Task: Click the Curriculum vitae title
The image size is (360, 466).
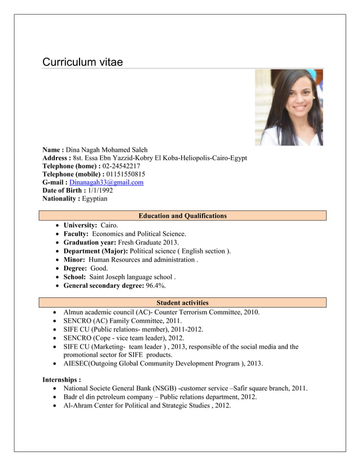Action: pos(82,62)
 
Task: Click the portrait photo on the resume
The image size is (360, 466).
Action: pos(288,107)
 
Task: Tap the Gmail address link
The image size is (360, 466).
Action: pos(106,182)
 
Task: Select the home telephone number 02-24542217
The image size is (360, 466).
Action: pos(121,166)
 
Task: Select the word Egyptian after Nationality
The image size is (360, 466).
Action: pos(95,199)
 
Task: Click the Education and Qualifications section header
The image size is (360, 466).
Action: pos(182,216)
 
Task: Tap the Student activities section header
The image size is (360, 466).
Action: pos(182,303)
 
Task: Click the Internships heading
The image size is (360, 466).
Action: pos(62,380)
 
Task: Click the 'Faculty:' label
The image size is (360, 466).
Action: pos(76,234)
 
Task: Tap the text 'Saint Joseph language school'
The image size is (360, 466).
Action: pos(131,277)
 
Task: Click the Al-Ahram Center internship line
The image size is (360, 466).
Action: pos(147,406)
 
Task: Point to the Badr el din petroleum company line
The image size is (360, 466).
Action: pos(160,397)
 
